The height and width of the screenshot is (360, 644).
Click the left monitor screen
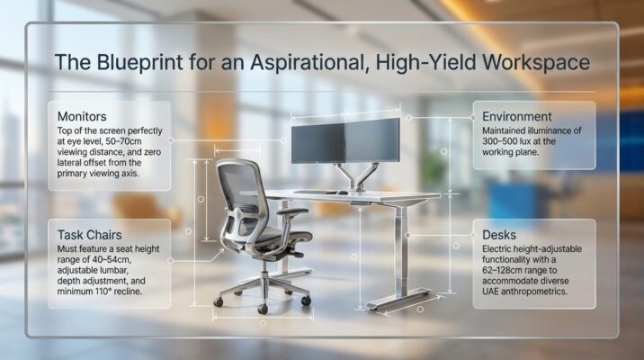click(x=318, y=143)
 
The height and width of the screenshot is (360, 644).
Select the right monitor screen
click(x=372, y=141)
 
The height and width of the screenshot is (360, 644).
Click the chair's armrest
click(x=291, y=212)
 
